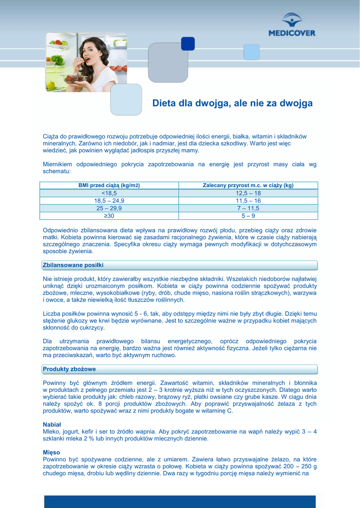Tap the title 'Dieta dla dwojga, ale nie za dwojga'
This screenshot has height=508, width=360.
point(232,104)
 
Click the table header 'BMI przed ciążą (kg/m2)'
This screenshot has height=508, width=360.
point(109,186)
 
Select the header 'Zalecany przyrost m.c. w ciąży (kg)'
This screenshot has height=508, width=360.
point(248,186)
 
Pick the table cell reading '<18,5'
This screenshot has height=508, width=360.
point(109,193)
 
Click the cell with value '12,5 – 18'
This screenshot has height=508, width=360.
point(248,193)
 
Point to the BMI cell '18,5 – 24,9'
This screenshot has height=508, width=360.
point(109,201)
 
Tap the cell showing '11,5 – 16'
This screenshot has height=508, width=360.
point(248,201)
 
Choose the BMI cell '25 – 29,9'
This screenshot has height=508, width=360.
point(109,208)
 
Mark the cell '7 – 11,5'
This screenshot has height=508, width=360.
point(248,208)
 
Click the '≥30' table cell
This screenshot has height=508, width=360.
point(109,216)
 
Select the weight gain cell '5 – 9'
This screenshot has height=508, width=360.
point(248,216)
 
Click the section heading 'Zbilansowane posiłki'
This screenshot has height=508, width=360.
point(73,265)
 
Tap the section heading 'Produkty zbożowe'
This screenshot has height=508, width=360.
point(70,369)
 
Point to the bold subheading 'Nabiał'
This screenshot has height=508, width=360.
point(52,425)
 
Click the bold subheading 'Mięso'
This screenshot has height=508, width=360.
point(52,452)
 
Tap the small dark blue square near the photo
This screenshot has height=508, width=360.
point(188,44)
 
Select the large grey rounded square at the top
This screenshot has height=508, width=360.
point(168,63)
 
